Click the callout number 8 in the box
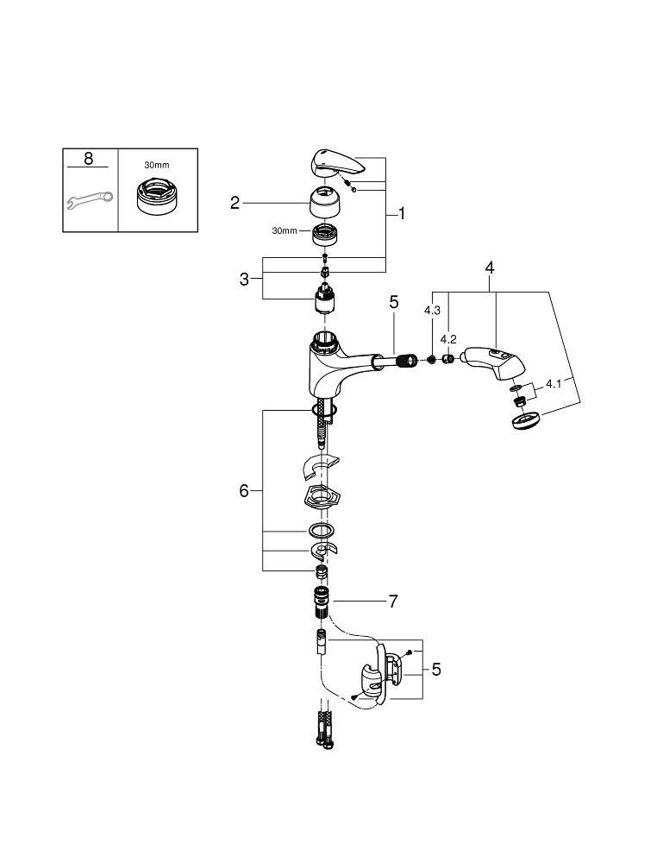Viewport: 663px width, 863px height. pyautogui.click(x=89, y=159)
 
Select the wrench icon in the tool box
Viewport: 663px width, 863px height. pyautogui.click(x=91, y=199)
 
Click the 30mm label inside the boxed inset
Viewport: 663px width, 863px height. pyautogui.click(x=157, y=165)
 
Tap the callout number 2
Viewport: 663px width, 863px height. pyautogui.click(x=235, y=203)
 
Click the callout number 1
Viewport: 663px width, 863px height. pyautogui.click(x=401, y=213)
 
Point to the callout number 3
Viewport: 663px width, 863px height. pyautogui.click(x=244, y=279)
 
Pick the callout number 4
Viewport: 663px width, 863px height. pyautogui.click(x=490, y=268)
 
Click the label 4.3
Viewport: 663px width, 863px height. pyautogui.click(x=432, y=311)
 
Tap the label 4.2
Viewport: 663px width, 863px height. pyautogui.click(x=448, y=339)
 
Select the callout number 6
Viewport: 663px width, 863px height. pyautogui.click(x=244, y=490)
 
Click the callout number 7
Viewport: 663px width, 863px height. pyautogui.click(x=392, y=602)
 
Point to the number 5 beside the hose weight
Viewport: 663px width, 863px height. pyautogui.click(x=436, y=670)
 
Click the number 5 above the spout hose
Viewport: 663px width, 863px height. pyautogui.click(x=394, y=302)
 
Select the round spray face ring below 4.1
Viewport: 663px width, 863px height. pyautogui.click(x=525, y=421)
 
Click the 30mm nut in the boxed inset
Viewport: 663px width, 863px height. pyautogui.click(x=157, y=195)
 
